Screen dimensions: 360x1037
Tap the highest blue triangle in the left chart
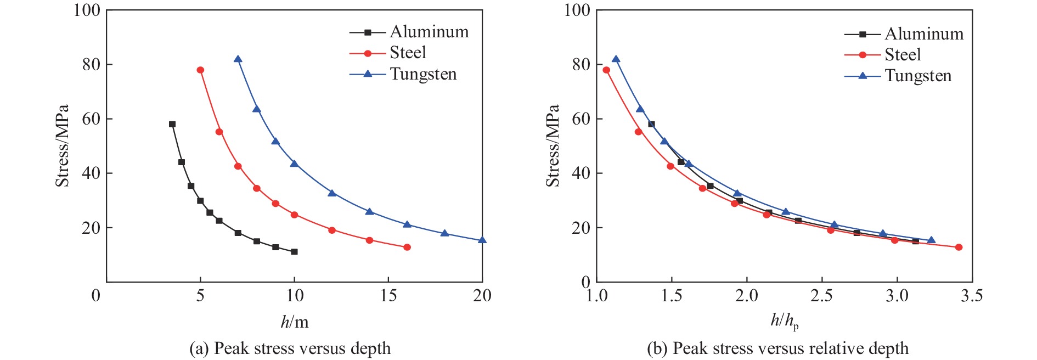(238, 59)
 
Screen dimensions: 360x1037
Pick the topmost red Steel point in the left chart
(200, 70)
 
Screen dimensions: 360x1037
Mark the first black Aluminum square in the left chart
(172, 124)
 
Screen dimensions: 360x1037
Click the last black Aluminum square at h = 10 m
(294, 252)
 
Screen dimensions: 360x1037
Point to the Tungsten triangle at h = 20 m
(482, 240)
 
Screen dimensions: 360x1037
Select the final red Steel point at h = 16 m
(407, 248)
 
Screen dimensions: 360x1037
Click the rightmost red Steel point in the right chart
(959, 248)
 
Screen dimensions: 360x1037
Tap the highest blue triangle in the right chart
(616, 59)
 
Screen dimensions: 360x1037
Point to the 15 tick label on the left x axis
(388, 296)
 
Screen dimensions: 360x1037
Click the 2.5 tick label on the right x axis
(821, 296)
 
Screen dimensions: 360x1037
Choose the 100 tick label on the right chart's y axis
(577, 10)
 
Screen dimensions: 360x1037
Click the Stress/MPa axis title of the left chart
(62, 145)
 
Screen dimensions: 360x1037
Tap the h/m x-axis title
(295, 322)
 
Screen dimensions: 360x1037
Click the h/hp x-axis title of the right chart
(785, 320)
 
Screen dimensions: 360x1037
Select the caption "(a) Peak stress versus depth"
(290, 348)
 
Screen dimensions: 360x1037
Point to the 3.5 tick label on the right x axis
(972, 296)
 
